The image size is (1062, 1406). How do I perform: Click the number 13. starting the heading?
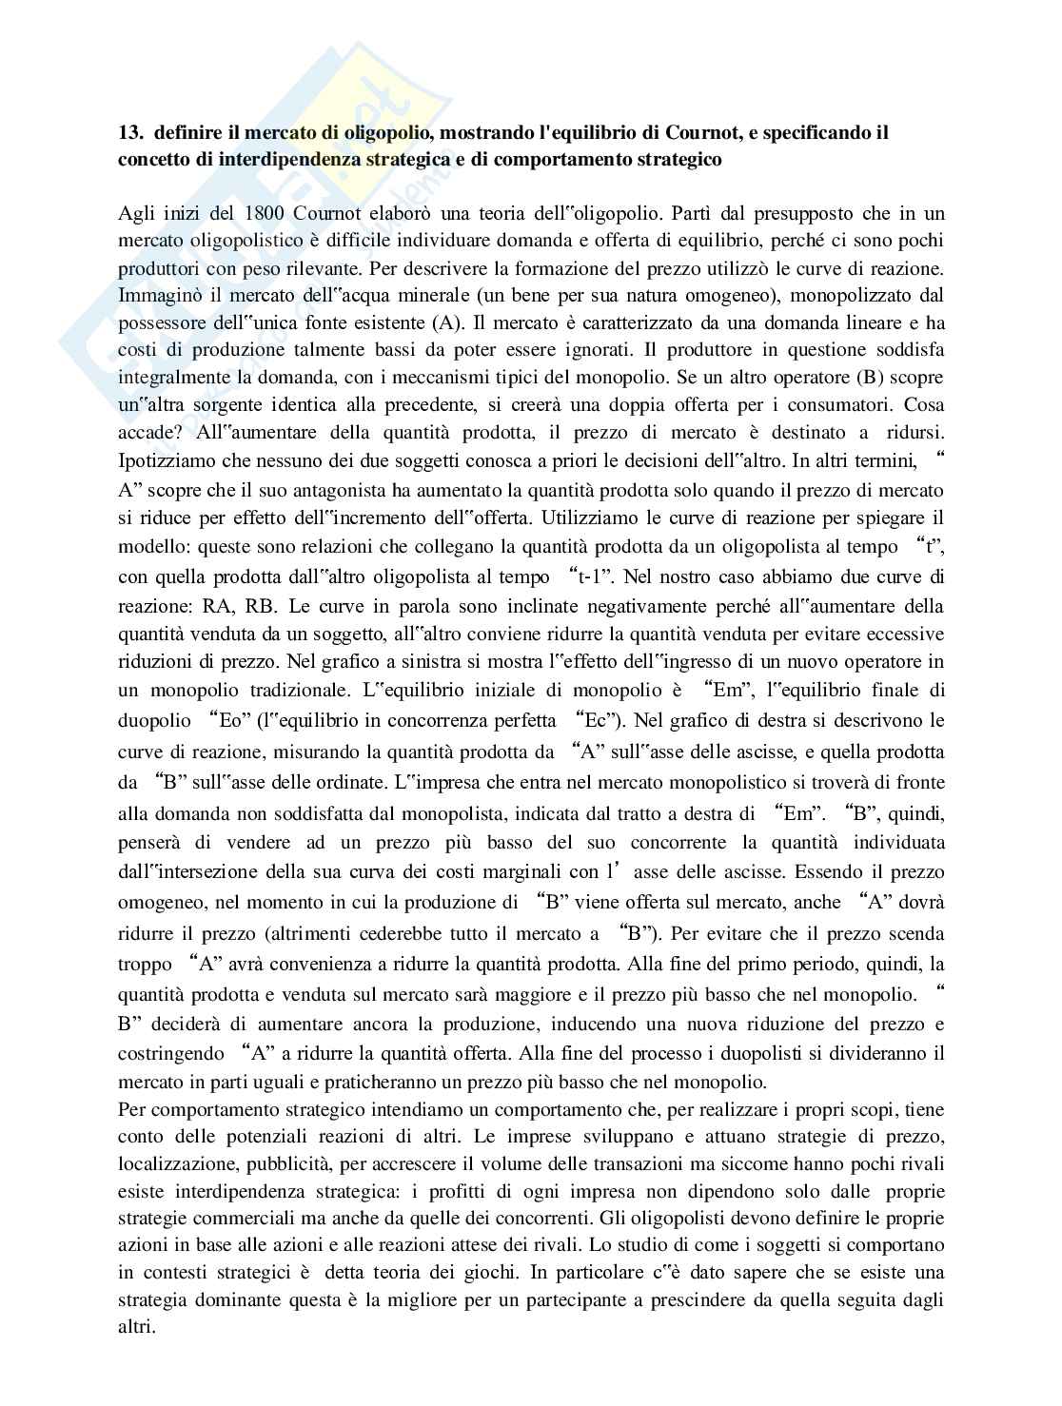(130, 132)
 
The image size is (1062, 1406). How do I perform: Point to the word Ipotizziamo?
(163, 461)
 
